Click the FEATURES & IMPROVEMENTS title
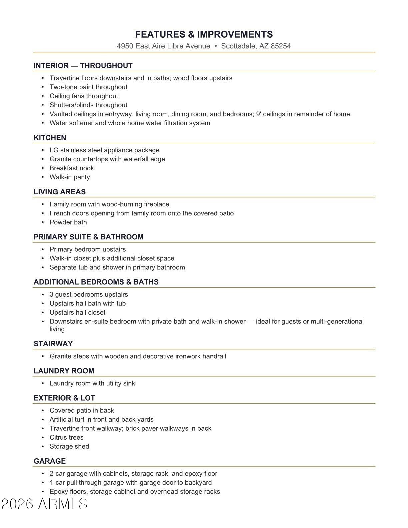204,34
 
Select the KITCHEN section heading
50,138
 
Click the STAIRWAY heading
53,344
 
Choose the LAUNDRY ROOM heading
64,371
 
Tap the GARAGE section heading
50,461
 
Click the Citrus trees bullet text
66,437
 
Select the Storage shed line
69,446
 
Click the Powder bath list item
68,222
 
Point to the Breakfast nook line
72,168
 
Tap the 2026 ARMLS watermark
44,504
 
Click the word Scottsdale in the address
239,46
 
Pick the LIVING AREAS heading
60,192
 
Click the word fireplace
156,204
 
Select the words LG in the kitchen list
54,150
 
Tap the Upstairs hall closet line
77,312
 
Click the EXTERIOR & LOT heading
64,398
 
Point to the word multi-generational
337,321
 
